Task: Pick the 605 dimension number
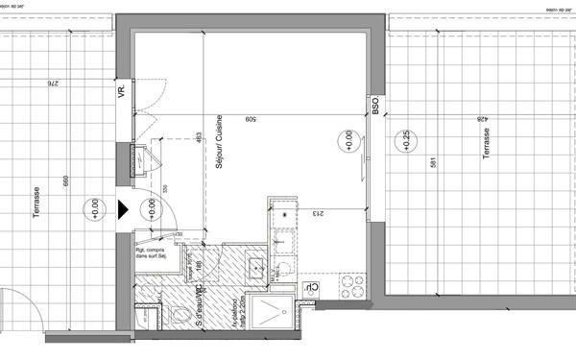coord(250,119)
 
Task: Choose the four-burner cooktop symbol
coord(352,286)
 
